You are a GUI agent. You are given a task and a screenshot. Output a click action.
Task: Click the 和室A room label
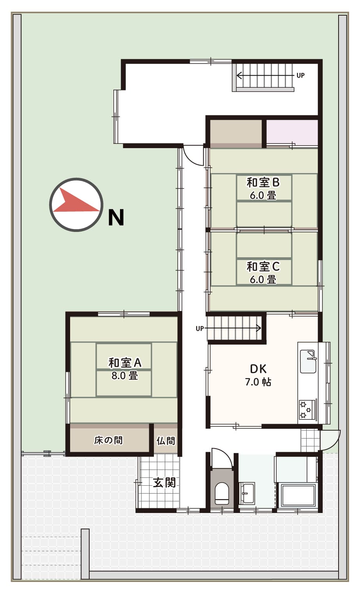click(125, 363)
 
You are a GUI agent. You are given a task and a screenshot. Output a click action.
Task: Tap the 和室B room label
click(263, 182)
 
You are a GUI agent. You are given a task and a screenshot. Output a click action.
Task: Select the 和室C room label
click(263, 267)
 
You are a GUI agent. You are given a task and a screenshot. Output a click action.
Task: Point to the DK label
click(258, 369)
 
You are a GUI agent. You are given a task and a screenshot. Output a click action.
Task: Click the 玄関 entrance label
click(164, 483)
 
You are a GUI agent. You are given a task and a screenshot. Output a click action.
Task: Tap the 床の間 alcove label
click(108, 440)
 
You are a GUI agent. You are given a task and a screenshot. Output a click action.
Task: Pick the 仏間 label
click(166, 441)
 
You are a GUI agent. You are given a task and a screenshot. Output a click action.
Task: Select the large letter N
click(116, 218)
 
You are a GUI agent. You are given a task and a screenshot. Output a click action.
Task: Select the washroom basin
click(247, 493)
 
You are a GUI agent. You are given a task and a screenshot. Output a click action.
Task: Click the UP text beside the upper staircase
click(300, 76)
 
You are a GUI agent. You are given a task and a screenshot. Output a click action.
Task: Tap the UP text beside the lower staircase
click(199, 329)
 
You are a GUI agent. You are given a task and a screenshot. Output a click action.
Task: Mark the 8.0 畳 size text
click(125, 376)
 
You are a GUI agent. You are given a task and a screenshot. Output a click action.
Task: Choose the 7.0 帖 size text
click(258, 382)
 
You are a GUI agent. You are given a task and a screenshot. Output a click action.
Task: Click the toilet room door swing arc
click(226, 456)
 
